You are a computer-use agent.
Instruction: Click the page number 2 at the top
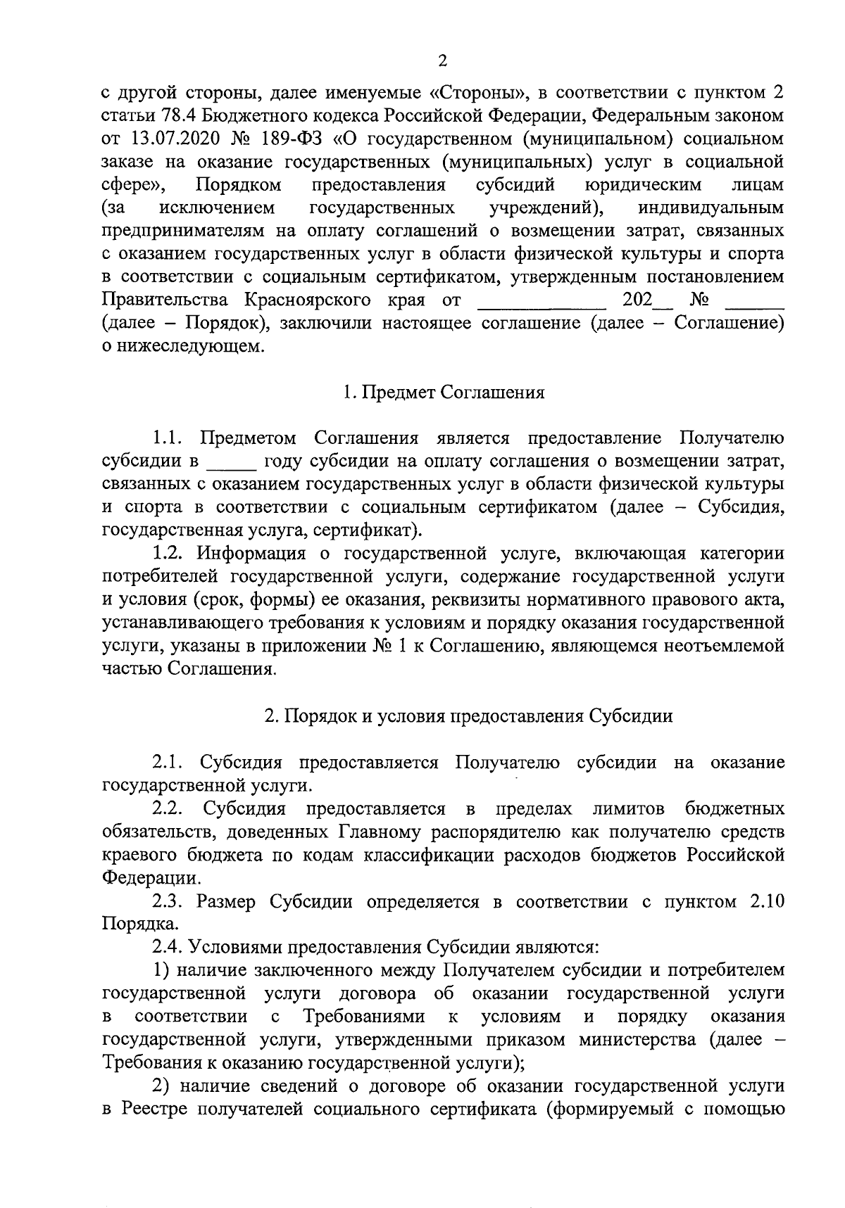442,61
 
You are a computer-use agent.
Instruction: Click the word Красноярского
308,300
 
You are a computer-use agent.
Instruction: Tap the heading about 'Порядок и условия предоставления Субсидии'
468,716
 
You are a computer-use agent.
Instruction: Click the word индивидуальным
711,208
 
